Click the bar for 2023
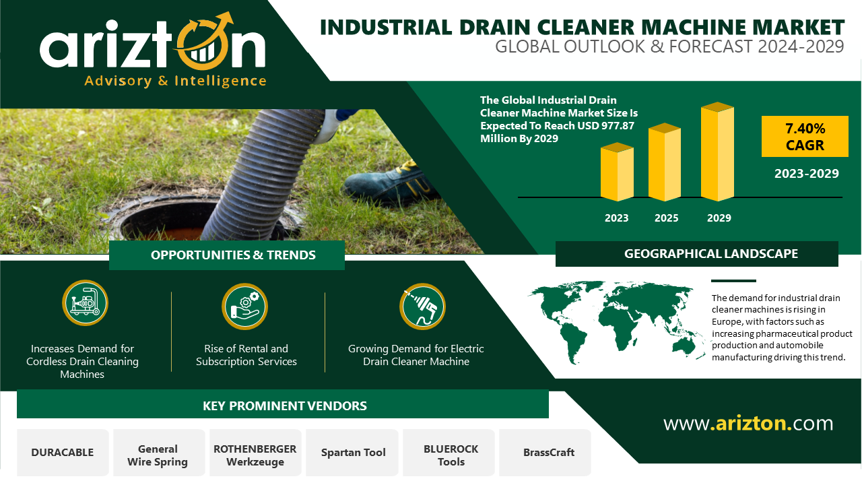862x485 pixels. [617, 172]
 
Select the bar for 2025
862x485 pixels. [665, 162]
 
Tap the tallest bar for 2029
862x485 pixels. [717, 152]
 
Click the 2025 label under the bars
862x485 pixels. [666, 218]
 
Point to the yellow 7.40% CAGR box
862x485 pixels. [805, 136]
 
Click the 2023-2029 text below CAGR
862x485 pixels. [806, 174]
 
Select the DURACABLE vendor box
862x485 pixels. [63, 452]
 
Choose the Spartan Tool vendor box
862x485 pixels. [352, 452]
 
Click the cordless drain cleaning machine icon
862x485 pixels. [85, 303]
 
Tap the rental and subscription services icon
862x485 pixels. [244, 306]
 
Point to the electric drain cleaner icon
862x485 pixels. [422, 306]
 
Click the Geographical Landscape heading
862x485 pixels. [710, 254]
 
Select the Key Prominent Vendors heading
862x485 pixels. [285, 406]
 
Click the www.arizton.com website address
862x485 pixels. [748, 424]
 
